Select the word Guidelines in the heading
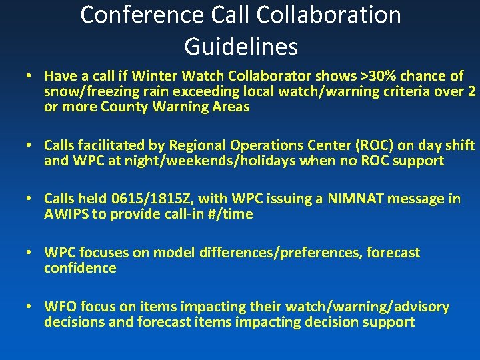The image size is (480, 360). coord(241,47)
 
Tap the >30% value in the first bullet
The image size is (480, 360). coord(376,76)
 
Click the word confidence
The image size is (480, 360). coord(80,268)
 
